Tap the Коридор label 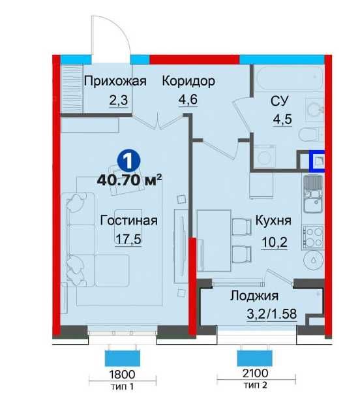click(x=188, y=82)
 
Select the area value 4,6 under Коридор click(x=188, y=101)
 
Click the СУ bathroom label click(x=280, y=101)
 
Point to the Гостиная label click(x=128, y=220)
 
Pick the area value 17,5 click(x=128, y=239)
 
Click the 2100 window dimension click(x=254, y=375)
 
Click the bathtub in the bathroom click(x=288, y=78)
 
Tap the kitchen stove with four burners click(x=313, y=236)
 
